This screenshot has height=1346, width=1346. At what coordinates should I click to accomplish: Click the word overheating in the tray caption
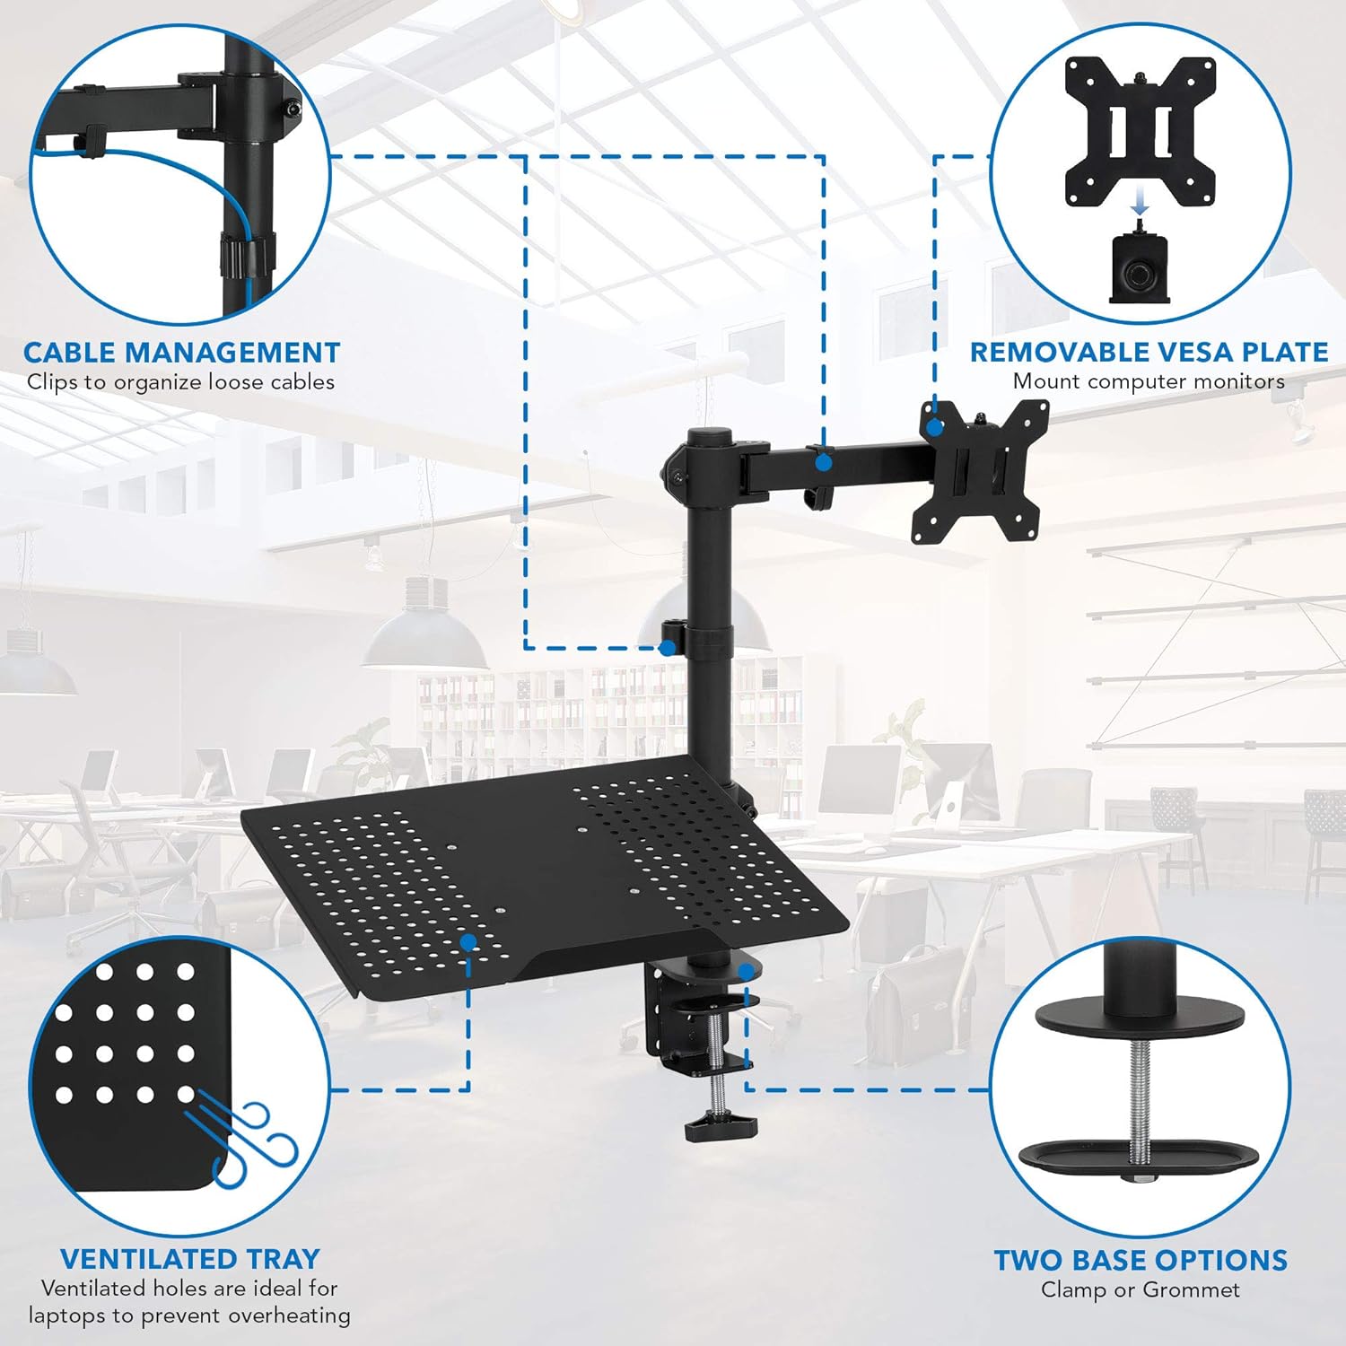tap(289, 1315)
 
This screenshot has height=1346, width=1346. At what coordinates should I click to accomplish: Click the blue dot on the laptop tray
tap(468, 942)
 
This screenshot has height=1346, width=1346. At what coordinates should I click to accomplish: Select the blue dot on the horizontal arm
tap(823, 463)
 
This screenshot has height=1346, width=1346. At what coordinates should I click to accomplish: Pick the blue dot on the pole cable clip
tap(668, 647)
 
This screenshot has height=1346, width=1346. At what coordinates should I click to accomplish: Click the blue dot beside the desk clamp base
tap(745, 971)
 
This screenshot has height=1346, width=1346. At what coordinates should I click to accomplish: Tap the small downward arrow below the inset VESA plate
tap(1140, 207)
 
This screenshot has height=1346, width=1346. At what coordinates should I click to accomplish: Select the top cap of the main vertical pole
tap(709, 435)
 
